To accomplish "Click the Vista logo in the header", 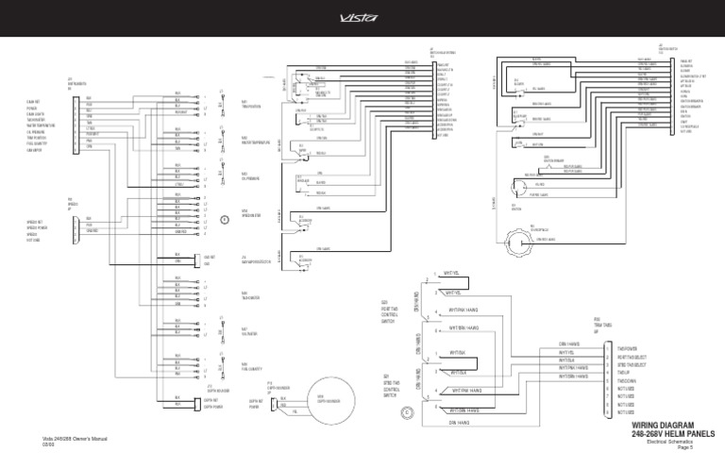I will coord(362,16).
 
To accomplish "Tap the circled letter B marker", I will coord(224,219).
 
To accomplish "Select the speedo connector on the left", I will coord(75,226).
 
